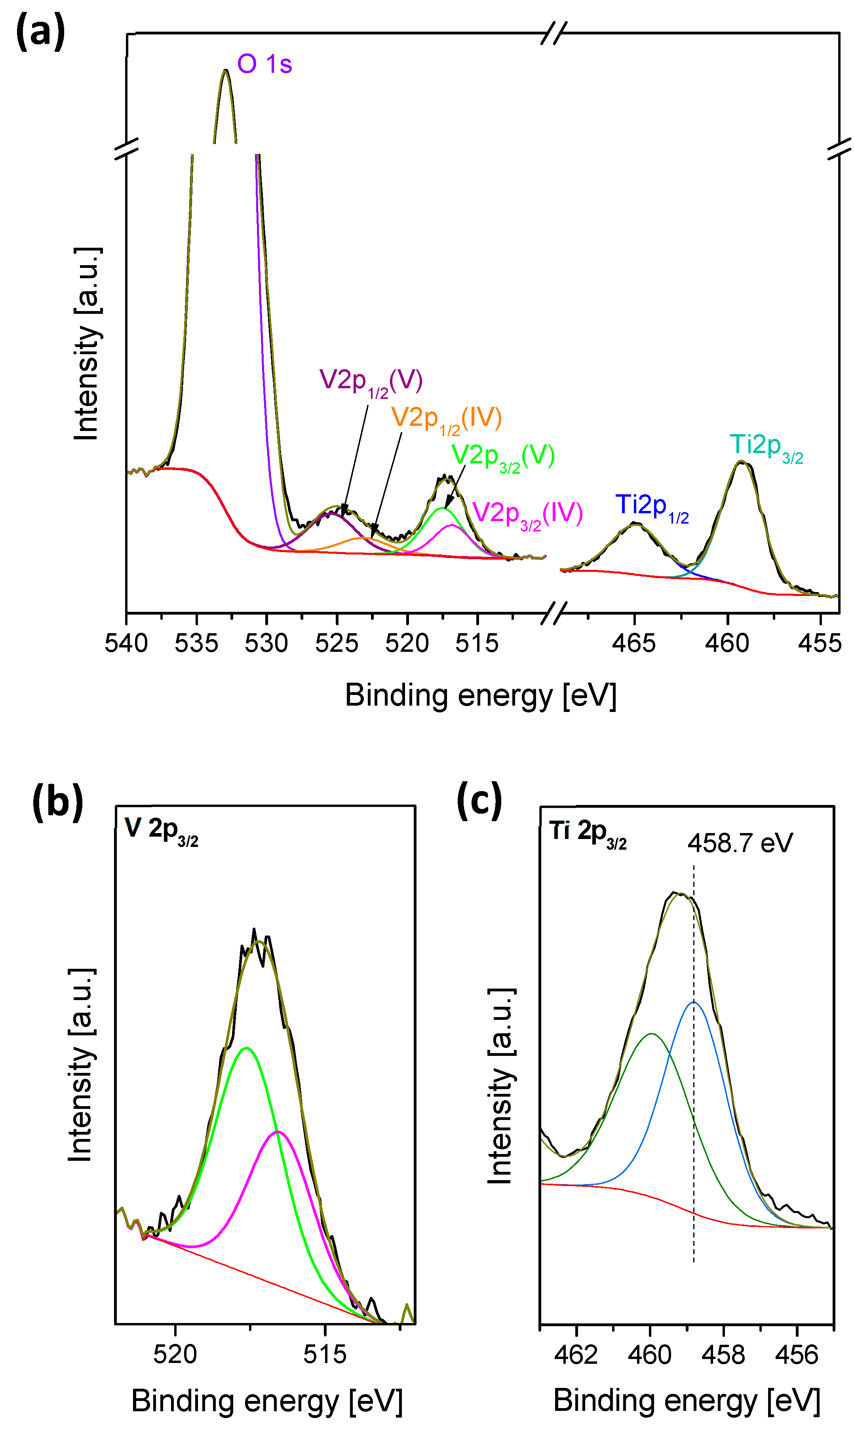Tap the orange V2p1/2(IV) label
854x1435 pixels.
click(446, 419)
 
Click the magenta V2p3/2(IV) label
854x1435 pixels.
click(527, 514)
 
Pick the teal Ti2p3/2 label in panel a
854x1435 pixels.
click(765, 447)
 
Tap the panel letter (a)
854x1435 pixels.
click(40, 32)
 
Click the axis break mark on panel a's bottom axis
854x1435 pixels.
click(554, 613)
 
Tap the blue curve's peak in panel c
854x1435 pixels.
click(693, 1002)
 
